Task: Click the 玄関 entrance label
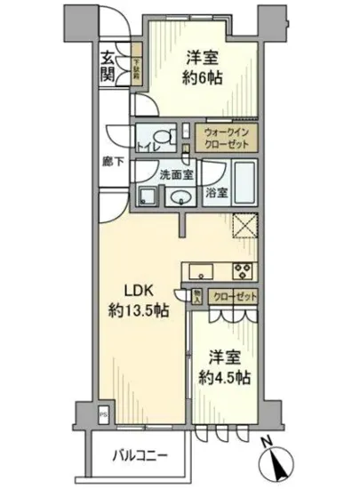coord(108,67)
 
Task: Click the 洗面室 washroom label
coord(172,174)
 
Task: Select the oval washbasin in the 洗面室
coord(181,196)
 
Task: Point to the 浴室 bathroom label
coord(215,191)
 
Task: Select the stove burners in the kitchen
coord(243,271)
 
